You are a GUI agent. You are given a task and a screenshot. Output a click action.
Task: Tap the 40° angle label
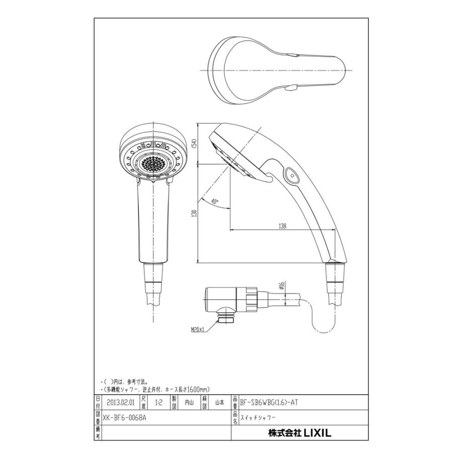(215, 201)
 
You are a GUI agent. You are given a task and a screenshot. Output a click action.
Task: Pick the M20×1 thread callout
(198, 330)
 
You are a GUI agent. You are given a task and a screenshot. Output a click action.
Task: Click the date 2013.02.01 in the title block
(121, 402)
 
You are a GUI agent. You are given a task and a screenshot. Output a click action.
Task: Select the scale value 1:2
(159, 402)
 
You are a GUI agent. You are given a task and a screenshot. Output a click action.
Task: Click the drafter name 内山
(189, 402)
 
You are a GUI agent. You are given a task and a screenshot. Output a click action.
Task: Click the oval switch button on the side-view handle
(291, 175)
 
